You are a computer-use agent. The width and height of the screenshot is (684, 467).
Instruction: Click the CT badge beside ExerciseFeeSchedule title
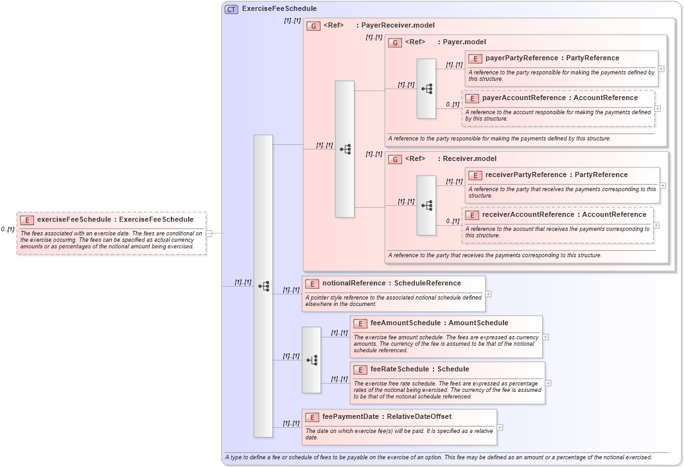pyautogui.click(x=231, y=9)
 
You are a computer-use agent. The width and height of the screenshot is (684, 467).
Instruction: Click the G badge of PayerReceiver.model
pyautogui.click(x=313, y=26)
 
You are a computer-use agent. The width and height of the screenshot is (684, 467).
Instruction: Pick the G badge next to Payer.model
pyautogui.click(x=395, y=42)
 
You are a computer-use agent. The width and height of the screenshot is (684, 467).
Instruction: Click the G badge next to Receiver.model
pyautogui.click(x=395, y=159)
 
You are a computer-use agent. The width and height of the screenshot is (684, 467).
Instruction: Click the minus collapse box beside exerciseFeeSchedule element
pyautogui.click(x=209, y=233)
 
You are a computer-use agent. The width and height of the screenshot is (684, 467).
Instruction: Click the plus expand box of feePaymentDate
pyautogui.click(x=500, y=427)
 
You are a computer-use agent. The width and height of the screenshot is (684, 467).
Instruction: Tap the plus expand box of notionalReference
pyautogui.click(x=489, y=294)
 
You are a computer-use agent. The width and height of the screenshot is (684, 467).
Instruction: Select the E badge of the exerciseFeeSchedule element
pyautogui.click(x=27, y=220)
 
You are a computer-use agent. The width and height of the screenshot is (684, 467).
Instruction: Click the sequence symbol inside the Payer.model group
pyautogui.click(x=426, y=89)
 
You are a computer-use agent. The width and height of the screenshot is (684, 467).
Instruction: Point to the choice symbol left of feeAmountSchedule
pyautogui.click(x=311, y=360)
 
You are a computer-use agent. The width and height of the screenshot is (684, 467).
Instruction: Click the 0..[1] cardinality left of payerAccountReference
pyautogui.click(x=453, y=105)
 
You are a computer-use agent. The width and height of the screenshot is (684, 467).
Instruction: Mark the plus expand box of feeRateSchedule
pyautogui.click(x=548, y=383)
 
